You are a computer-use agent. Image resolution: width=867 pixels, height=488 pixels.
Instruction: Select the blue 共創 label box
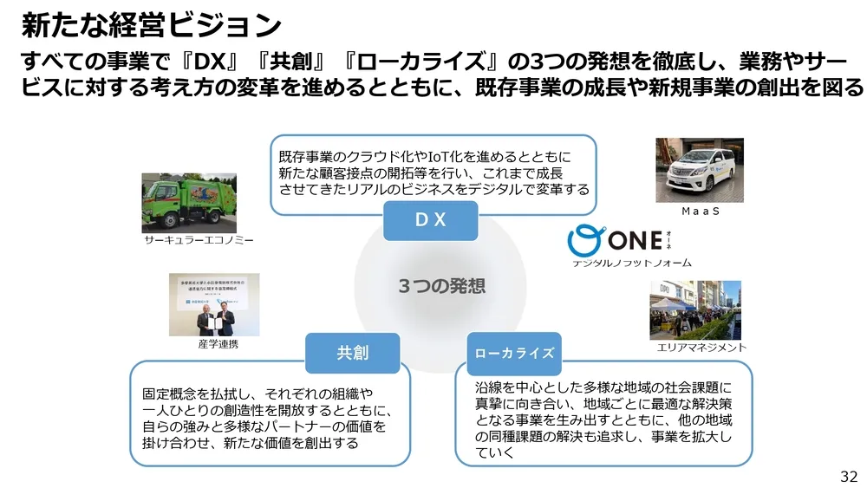352,353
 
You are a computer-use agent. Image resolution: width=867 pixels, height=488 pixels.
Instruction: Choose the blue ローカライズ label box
514,353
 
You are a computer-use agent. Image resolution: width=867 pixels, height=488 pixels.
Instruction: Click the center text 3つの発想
441,286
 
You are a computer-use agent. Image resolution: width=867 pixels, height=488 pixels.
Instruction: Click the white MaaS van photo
699,169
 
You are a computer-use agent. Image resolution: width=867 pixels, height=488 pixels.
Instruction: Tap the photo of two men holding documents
213,305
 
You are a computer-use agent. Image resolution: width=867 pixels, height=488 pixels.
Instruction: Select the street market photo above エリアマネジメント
695,309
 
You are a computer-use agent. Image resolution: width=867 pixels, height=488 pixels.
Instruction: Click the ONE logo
623,239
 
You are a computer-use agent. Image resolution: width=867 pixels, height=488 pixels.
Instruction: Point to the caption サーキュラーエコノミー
199,240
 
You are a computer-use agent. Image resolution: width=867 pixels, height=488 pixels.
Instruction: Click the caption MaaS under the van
701,211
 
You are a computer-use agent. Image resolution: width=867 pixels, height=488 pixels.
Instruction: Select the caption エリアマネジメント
701,348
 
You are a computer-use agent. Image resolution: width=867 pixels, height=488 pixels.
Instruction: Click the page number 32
848,476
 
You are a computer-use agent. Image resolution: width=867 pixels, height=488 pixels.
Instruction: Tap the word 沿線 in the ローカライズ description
490,388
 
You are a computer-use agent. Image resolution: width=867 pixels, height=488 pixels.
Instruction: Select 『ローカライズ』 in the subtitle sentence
418,62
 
